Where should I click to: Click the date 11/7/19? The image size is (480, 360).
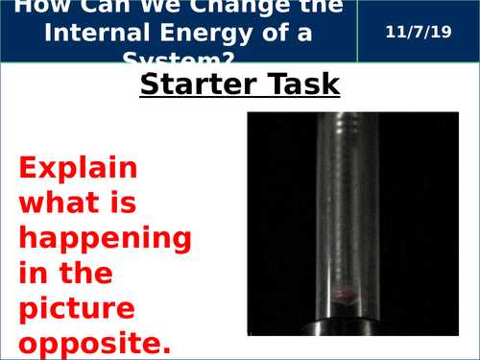[x=416, y=34]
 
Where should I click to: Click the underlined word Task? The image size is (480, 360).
[x=301, y=85]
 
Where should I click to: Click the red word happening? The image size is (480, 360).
[x=105, y=238]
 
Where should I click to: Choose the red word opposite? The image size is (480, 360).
[x=92, y=342]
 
